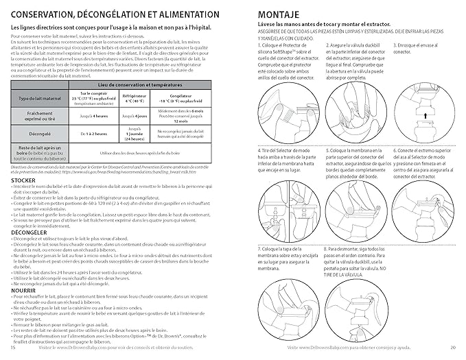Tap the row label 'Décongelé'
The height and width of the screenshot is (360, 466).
(38, 134)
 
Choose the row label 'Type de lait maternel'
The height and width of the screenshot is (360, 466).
(38, 99)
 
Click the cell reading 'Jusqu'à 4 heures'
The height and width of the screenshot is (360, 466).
(94, 117)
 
